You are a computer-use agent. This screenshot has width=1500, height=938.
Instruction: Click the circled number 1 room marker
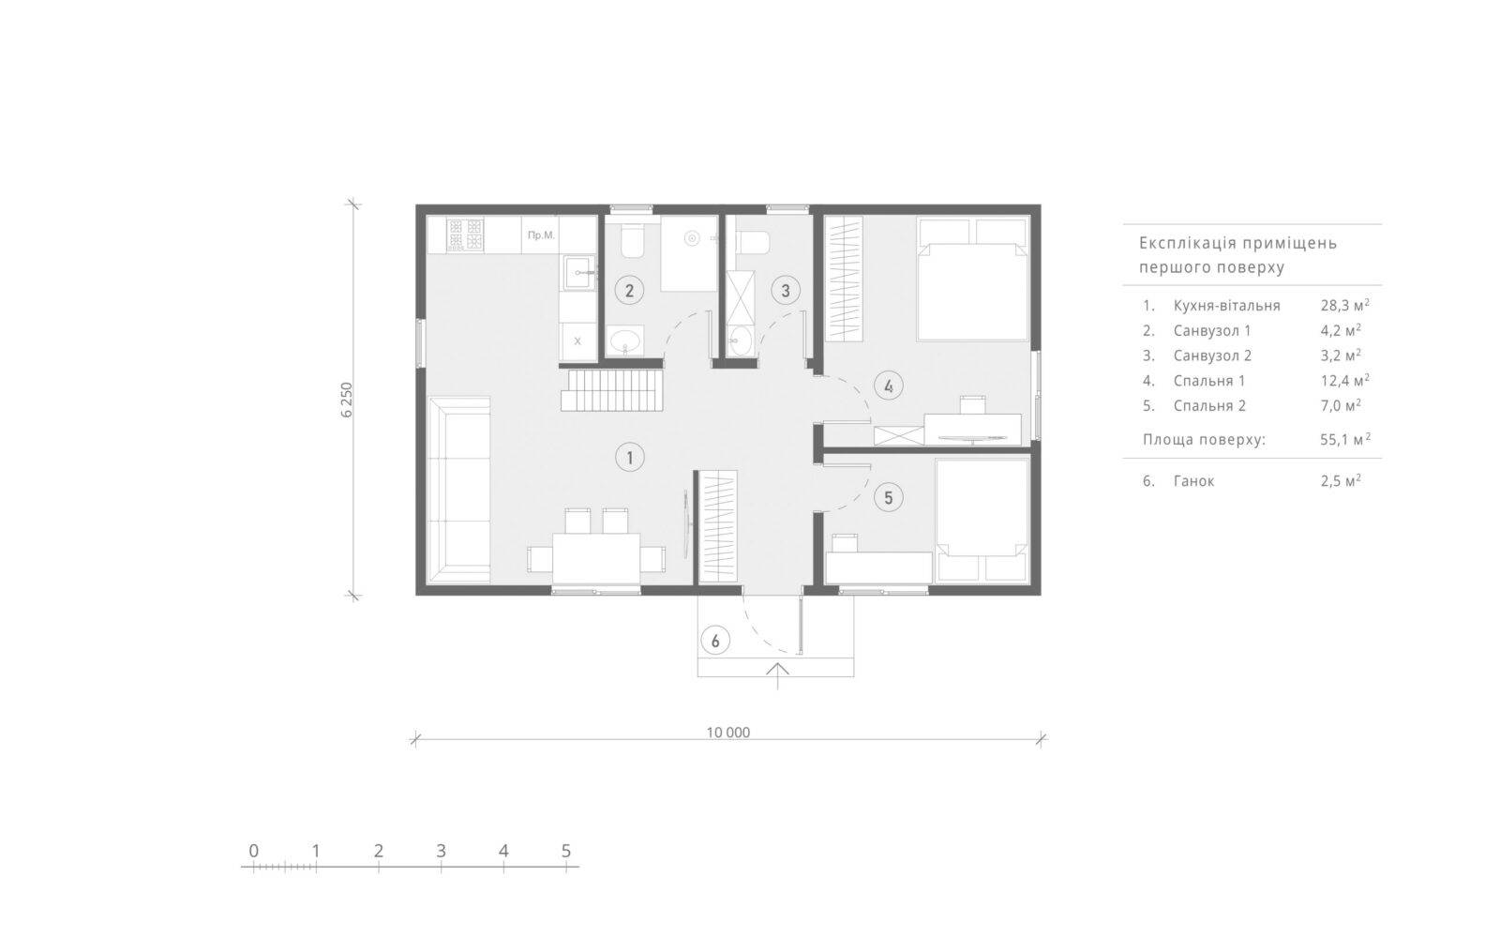click(x=629, y=458)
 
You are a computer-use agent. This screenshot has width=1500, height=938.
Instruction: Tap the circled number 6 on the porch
click(x=715, y=642)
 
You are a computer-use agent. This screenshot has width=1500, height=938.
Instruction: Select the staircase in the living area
click(x=612, y=390)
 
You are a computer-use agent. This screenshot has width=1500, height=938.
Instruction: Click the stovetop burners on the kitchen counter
click(x=465, y=234)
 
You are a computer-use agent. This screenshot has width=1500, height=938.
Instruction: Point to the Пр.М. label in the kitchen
click(x=541, y=235)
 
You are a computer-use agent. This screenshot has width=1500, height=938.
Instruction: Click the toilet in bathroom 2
click(x=632, y=241)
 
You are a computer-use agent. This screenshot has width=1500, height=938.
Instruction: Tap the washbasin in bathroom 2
click(x=625, y=341)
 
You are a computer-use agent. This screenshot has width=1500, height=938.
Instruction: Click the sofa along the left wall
click(x=459, y=490)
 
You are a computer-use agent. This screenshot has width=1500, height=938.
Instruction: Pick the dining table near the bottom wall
click(x=596, y=557)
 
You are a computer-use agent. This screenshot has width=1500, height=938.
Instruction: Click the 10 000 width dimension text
click(x=727, y=733)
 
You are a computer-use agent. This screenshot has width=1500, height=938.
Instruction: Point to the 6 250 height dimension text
click(x=346, y=400)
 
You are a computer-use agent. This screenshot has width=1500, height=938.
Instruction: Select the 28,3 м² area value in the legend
click(x=1344, y=306)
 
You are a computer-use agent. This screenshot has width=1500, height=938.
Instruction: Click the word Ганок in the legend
click(x=1194, y=481)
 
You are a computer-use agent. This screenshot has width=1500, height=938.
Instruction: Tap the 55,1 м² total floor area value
click(x=1345, y=440)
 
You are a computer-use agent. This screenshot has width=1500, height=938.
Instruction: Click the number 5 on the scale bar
click(x=566, y=851)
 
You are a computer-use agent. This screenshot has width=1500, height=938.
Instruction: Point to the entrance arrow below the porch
click(x=777, y=675)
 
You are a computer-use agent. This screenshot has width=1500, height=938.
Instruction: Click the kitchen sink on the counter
click(x=578, y=272)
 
